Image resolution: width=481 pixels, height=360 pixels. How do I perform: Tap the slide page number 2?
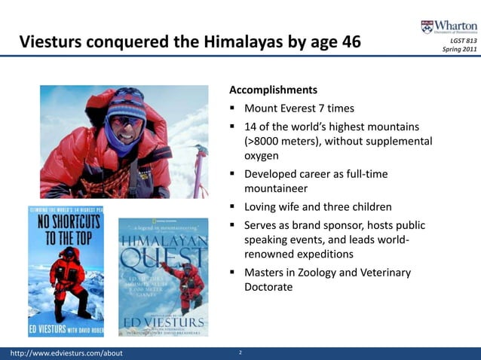point(240,352)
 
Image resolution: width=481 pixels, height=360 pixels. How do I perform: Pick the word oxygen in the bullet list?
point(262,156)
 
